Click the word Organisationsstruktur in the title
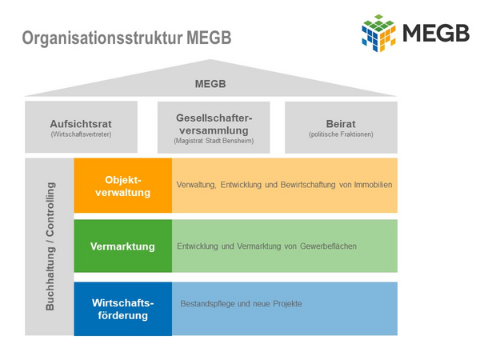102,38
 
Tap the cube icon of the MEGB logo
378,33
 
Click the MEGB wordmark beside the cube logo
436,33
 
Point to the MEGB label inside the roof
210,84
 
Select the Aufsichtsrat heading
81,124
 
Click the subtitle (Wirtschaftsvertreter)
81,134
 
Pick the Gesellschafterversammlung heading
214,124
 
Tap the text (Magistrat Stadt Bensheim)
214,141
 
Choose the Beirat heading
341,124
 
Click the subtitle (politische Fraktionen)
341,134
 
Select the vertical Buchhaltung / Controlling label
50,246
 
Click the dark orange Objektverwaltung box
122,186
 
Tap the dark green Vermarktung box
122,246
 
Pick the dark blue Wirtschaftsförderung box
122,309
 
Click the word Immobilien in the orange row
373,185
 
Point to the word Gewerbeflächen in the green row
328,246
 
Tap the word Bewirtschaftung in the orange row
308,185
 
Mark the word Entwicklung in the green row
198,246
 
